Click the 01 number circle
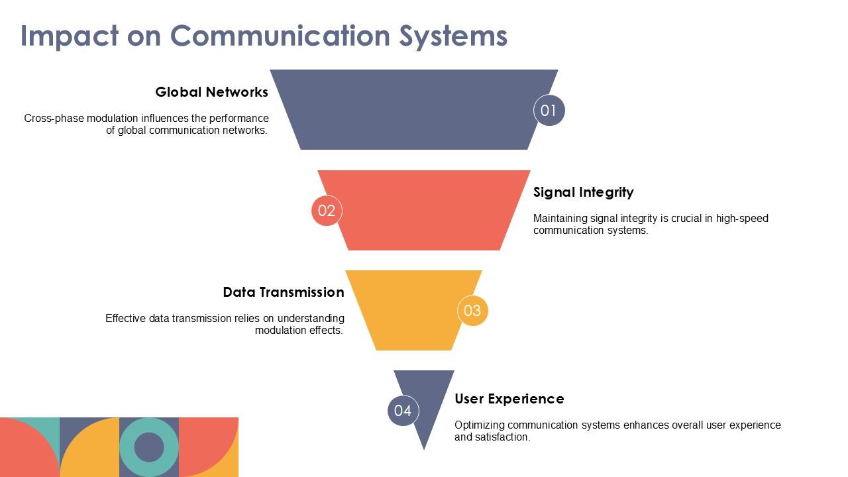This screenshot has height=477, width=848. coord(549,111)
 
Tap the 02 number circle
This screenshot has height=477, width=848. coord(327,211)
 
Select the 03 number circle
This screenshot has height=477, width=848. coord(472,311)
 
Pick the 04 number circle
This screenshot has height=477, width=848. coord(403,411)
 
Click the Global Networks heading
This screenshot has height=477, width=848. coord(211,92)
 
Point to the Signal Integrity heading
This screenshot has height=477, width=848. coord(583,192)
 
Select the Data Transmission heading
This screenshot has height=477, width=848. coord(283,292)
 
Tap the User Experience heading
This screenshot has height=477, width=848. coord(509,399)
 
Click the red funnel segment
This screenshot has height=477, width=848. coord(424,211)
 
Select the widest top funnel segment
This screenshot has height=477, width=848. coord(411,109)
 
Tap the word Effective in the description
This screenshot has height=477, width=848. coord(125,319)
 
